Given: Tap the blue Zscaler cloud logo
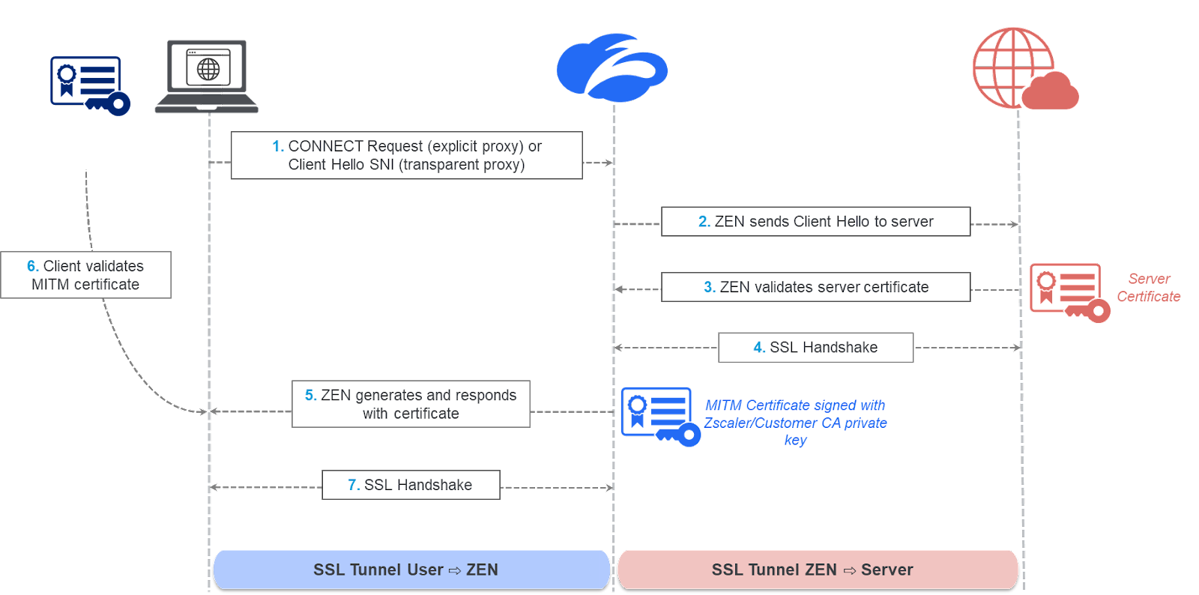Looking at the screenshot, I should tap(611, 68).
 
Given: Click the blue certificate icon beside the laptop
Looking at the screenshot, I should tap(88, 86).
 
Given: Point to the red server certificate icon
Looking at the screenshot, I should tap(1069, 292).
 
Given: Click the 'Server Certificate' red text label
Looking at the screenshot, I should tap(1148, 288).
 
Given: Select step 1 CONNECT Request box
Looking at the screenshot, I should tap(406, 156).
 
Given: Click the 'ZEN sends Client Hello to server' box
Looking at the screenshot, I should tap(815, 222).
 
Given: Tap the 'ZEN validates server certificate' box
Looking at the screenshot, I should tap(815, 287).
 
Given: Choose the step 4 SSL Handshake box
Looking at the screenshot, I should tap(815, 348).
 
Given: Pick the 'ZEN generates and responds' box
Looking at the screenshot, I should tap(411, 404).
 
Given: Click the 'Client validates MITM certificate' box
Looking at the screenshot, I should tap(85, 275).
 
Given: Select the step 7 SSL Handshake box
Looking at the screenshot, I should tap(410, 485).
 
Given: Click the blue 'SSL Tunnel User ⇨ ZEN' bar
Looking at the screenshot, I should tap(411, 570).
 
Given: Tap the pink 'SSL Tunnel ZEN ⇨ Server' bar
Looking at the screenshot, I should tap(817, 570).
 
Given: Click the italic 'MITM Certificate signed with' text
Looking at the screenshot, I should tap(795, 405).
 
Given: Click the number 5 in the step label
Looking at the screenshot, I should tap(310, 395).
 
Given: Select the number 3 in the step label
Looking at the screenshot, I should tap(709, 287).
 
